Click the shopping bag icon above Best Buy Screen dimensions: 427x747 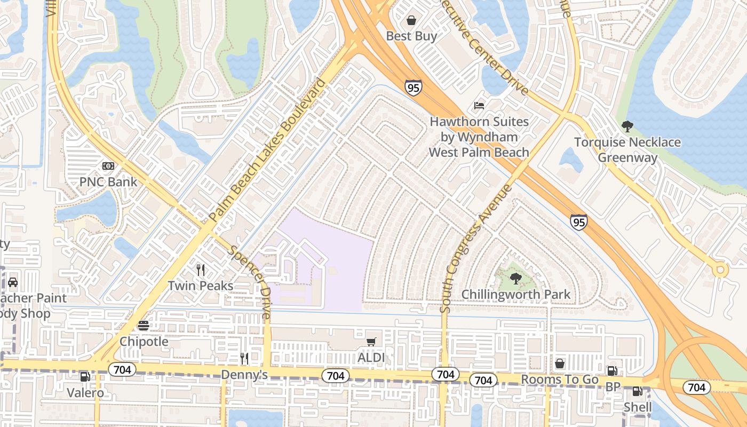coord(411,21)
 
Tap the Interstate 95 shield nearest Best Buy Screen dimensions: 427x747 coord(413,88)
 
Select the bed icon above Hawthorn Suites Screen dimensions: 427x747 coord(479,106)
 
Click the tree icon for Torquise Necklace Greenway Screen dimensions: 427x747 coord(627,126)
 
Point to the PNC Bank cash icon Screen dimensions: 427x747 coord(108,166)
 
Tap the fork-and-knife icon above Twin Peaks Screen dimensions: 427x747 coord(201,270)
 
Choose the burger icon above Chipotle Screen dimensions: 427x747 coord(144,326)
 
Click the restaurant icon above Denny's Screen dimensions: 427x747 coord(244,359)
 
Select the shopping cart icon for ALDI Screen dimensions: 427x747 coord(371,342)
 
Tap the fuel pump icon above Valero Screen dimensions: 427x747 coord(85,377)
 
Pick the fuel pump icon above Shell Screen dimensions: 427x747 coord(638,392)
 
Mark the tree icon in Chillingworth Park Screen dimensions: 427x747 coord(515,278)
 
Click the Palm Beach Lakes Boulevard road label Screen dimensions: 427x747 coord(267,150)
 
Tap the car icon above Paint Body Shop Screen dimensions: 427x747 coord(12,282)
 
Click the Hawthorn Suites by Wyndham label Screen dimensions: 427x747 coord(479,137)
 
